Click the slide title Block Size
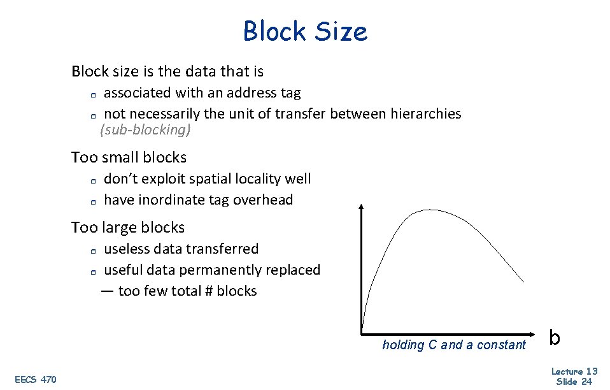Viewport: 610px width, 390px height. (x=305, y=31)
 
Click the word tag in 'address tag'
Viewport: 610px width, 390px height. (x=290, y=93)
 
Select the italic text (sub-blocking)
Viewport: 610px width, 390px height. (x=146, y=130)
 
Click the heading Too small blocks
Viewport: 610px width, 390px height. (x=129, y=157)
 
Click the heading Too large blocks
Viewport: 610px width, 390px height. (x=128, y=227)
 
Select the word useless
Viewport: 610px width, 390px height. (x=127, y=249)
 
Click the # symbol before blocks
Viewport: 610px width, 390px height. (x=207, y=291)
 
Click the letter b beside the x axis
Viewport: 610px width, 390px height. (x=555, y=337)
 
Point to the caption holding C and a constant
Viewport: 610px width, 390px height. (x=454, y=345)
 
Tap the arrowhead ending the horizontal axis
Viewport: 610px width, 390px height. (x=536, y=333)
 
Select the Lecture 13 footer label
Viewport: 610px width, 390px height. (x=574, y=372)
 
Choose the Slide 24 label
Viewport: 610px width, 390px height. (x=574, y=381)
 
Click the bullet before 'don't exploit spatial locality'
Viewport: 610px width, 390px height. (x=92, y=180)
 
